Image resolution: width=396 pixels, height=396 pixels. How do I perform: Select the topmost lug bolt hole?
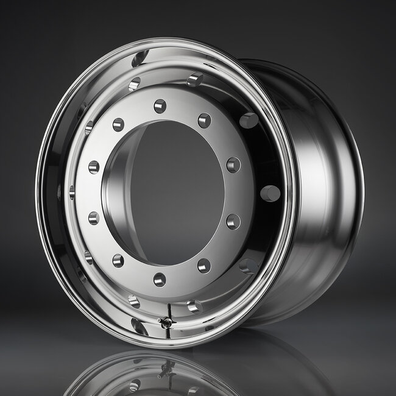tap(160, 106)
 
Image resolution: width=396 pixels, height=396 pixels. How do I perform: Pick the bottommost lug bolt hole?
tap(160, 280)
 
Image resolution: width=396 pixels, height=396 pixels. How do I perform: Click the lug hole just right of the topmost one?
tap(204, 120)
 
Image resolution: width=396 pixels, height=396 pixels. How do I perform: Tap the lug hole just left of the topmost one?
tap(118, 125)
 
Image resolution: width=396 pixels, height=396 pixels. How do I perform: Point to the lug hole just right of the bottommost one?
tap(203, 266)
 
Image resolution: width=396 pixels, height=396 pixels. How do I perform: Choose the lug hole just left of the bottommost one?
tap(118, 261)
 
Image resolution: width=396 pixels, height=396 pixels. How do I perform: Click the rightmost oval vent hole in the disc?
tap(270, 194)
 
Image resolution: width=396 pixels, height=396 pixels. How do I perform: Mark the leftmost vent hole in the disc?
tap(71, 193)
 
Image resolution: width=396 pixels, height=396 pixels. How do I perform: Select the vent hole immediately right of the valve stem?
tap(194, 306)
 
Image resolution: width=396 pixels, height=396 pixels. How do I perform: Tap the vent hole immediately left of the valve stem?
tap(134, 301)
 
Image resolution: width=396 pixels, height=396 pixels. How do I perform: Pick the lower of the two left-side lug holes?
tap(93, 217)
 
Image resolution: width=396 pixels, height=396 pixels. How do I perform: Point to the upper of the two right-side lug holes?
tap(233, 164)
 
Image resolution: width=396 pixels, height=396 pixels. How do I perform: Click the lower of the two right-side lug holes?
tap(233, 221)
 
